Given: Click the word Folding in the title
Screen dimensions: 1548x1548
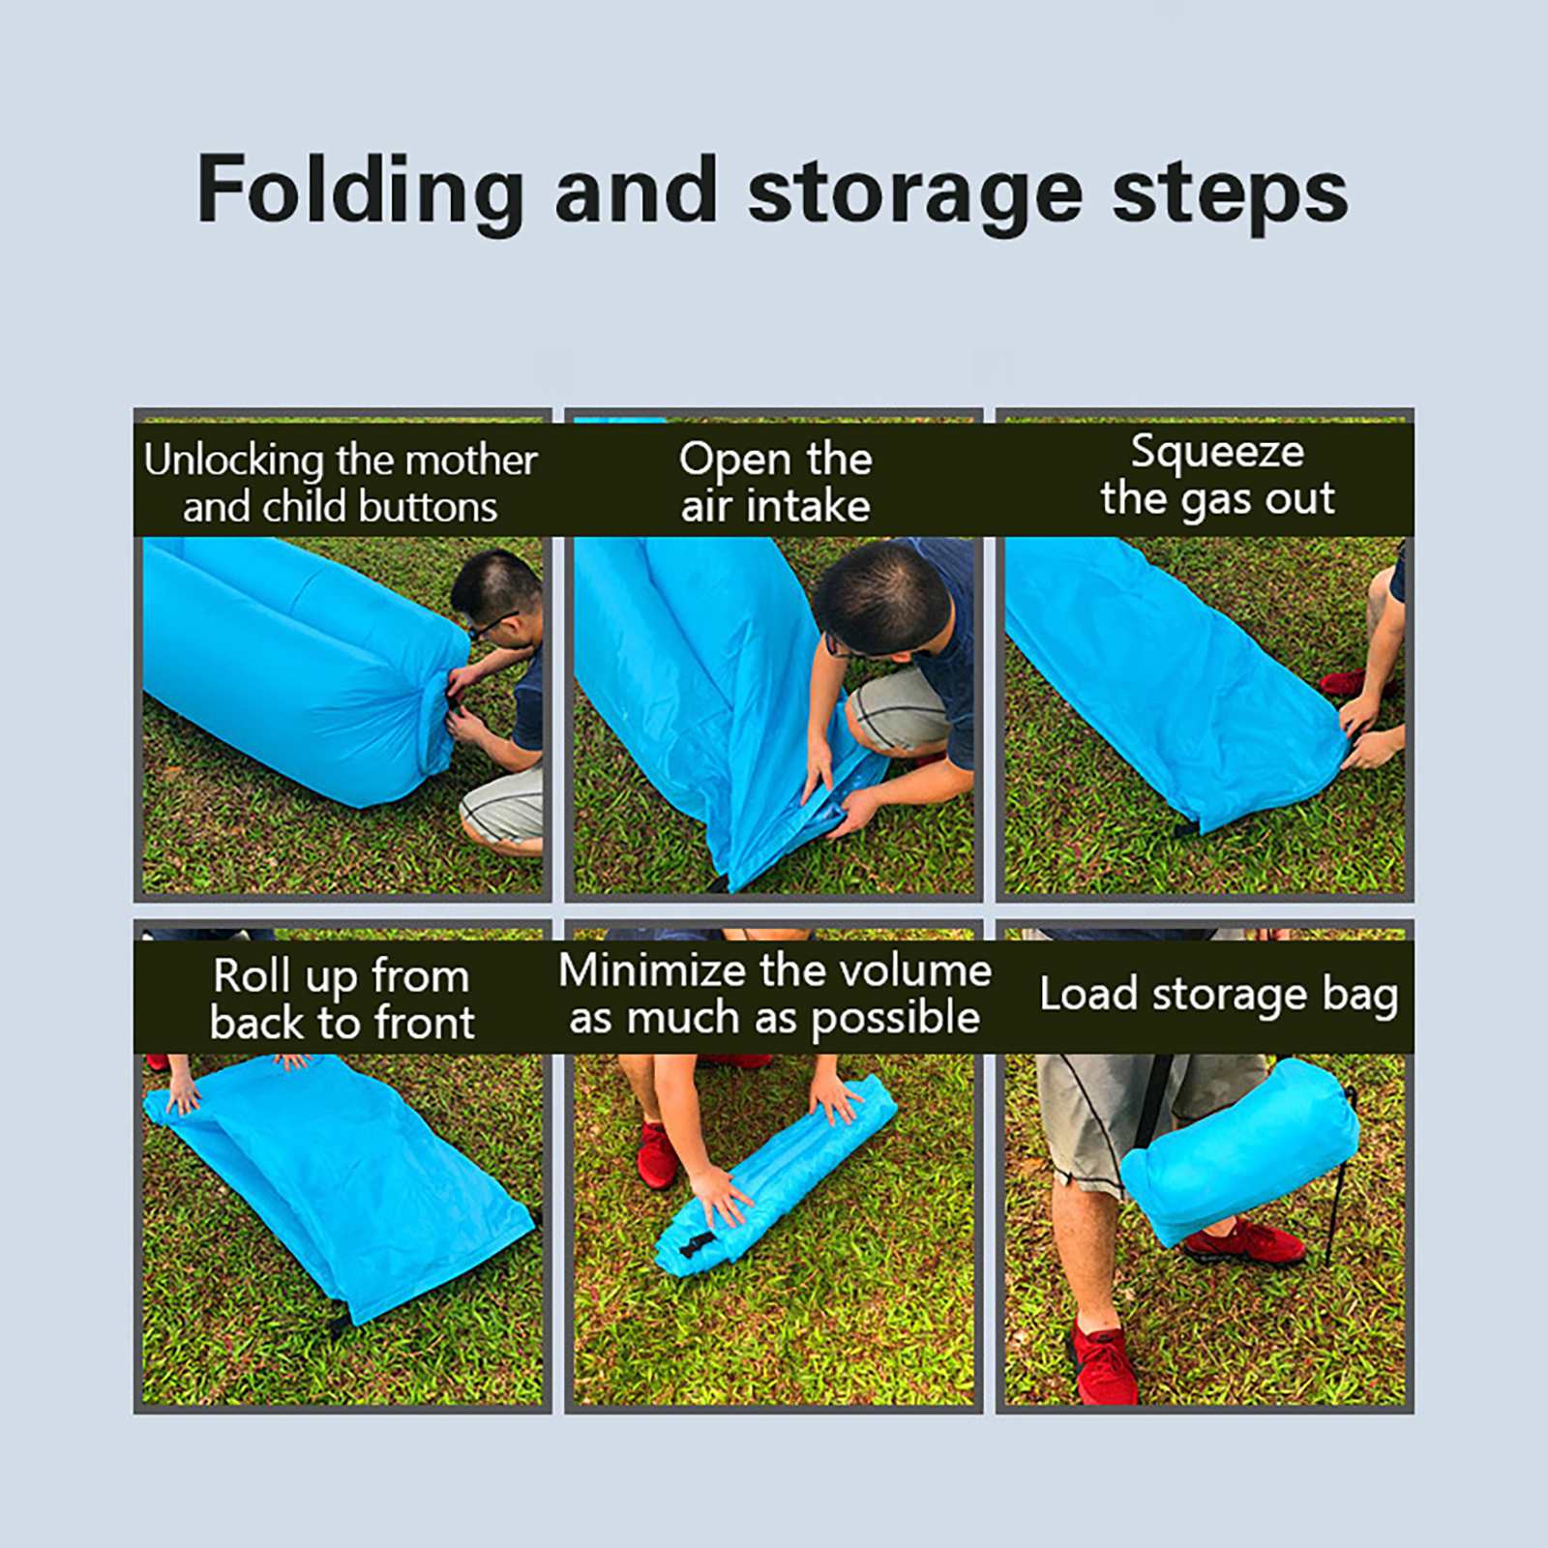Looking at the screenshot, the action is pyautogui.click(x=361, y=193).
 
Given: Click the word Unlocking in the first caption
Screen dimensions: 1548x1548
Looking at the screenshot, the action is pyautogui.click(x=233, y=461).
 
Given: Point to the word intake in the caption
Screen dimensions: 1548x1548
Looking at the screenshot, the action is pyautogui.click(x=808, y=505).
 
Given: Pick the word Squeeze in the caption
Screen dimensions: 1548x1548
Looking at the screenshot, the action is pyautogui.click(x=1217, y=453).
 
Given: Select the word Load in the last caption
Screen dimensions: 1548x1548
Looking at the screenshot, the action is pyautogui.click(x=1087, y=994).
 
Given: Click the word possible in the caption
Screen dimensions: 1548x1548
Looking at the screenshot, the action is pyautogui.click(x=895, y=1019).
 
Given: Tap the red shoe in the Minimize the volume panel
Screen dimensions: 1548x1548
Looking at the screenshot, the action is pyautogui.click(x=658, y=1155).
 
